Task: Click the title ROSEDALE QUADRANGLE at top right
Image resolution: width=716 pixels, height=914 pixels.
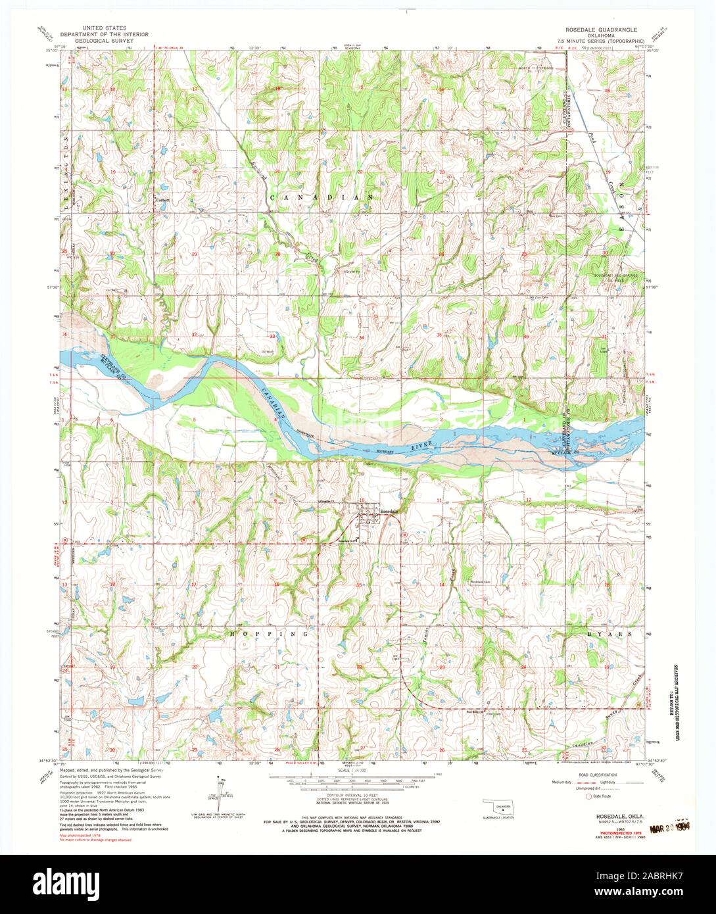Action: tap(600, 30)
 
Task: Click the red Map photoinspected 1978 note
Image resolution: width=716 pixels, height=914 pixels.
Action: tap(83, 835)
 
